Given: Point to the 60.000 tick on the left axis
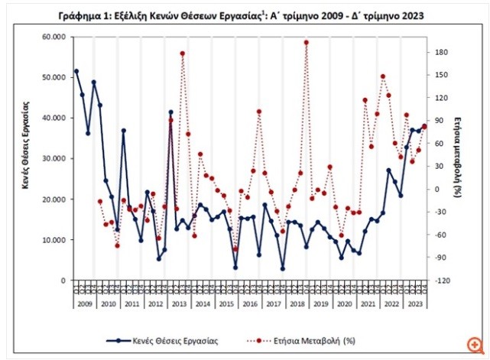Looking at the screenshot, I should [x=54, y=37].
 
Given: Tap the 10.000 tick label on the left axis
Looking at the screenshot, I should [x=54, y=240].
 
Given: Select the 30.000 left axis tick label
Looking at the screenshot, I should [x=54, y=159].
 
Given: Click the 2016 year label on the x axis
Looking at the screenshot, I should [x=249, y=303].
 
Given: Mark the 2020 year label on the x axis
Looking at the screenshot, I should [x=344, y=303].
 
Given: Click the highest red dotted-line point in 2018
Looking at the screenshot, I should [x=306, y=43].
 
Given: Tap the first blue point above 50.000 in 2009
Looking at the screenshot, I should [x=76, y=71].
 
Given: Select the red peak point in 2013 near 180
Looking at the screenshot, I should [x=182, y=54].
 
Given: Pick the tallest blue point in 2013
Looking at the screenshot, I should [x=170, y=112].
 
